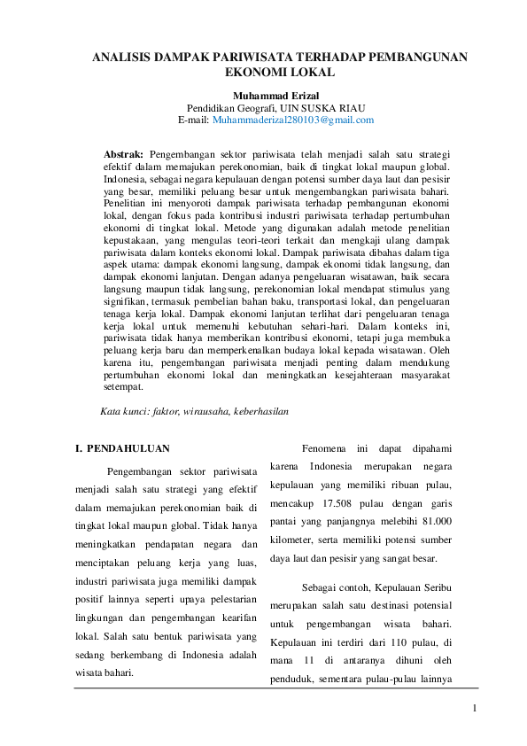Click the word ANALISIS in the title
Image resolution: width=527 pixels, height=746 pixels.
pyautogui.click(x=124, y=57)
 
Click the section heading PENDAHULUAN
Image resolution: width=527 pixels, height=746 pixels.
pyautogui.click(x=128, y=449)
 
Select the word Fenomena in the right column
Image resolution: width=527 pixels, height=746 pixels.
pyautogui.click(x=323, y=448)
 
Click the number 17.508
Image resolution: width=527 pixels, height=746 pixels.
pyautogui.click(x=340, y=504)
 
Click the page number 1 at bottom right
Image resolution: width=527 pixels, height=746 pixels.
pyautogui.click(x=475, y=708)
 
